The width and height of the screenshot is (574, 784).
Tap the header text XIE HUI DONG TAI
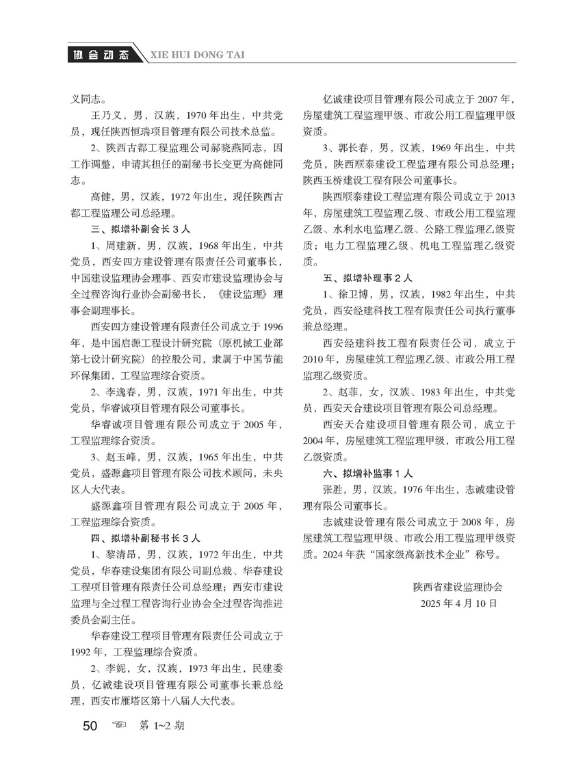tap(198, 55)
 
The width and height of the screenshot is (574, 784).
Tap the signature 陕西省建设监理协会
tap(458, 587)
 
